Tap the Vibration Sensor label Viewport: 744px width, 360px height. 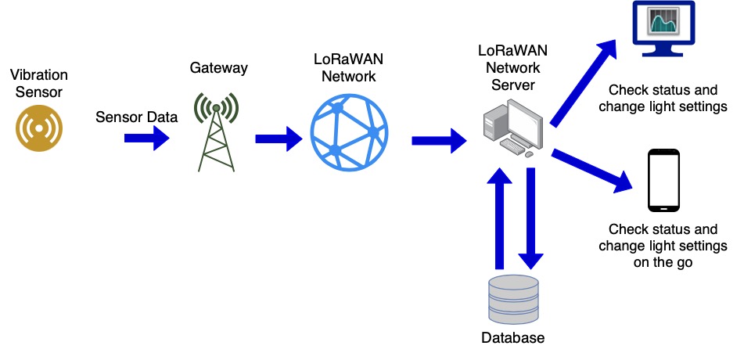pos(39,84)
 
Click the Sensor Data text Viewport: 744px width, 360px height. pos(137,117)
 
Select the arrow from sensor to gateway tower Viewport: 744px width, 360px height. pos(147,139)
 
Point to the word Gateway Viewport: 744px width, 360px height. pos(219,68)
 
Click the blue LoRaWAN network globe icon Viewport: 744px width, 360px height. pos(348,125)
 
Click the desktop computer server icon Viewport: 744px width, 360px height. pos(512,126)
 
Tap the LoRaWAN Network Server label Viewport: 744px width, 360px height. pos(513,67)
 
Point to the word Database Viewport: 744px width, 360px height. pos(513,338)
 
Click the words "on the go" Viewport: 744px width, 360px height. pos(663,263)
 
